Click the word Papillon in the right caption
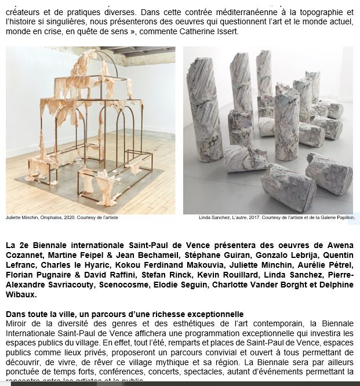(x=343, y=217)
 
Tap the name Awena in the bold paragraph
(x=337, y=245)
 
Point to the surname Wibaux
(x=21, y=294)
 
